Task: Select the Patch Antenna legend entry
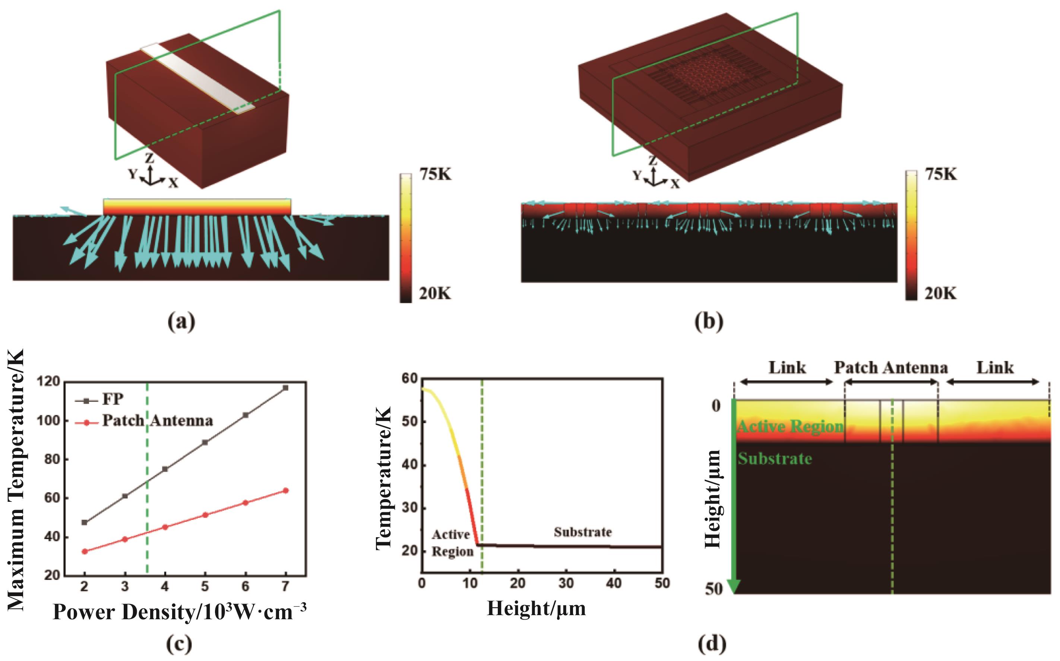157,421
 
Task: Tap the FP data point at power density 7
286,388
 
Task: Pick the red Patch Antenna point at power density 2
85,551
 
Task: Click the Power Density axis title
179,612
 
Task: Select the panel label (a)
181,322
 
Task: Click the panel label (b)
709,322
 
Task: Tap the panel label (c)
179,644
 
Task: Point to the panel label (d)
712,644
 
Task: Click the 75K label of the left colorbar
436,175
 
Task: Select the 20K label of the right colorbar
940,293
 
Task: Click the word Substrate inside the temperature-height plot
583,532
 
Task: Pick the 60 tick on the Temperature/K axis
409,378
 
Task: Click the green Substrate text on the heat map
775,459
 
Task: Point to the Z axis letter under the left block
149,158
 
